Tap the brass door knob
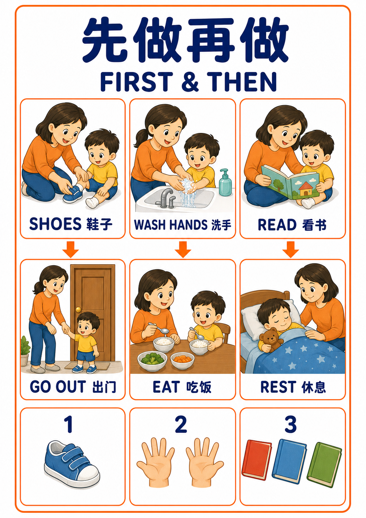(78, 309)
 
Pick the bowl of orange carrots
(182, 360)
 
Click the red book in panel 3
(256, 460)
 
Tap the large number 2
(181, 424)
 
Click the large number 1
(69, 424)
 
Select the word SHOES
(55, 224)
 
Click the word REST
(278, 387)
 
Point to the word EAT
(166, 387)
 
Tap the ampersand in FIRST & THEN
(190, 81)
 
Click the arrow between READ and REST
(291, 249)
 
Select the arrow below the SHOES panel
(70, 249)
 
